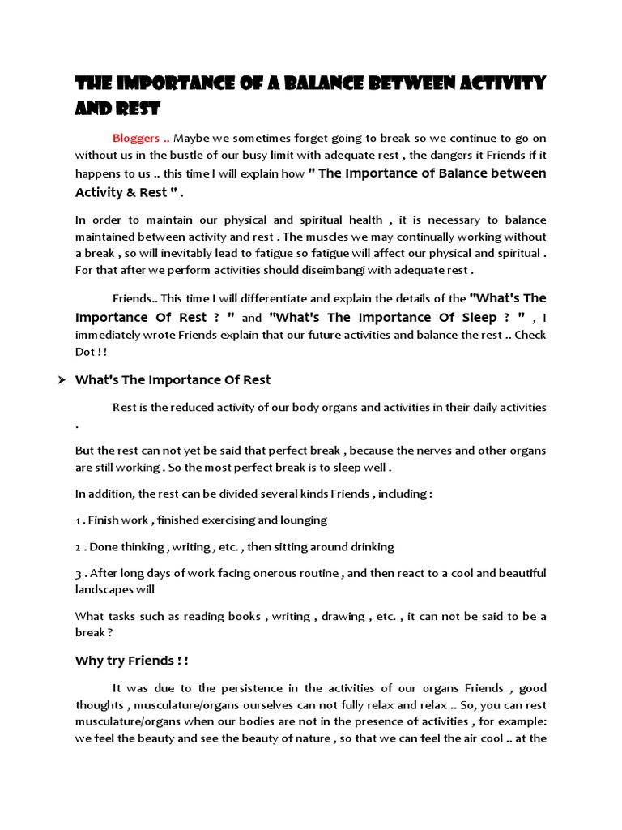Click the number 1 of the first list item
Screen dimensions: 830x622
[78, 520]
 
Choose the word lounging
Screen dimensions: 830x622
[302, 520]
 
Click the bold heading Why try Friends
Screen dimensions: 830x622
[131, 661]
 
